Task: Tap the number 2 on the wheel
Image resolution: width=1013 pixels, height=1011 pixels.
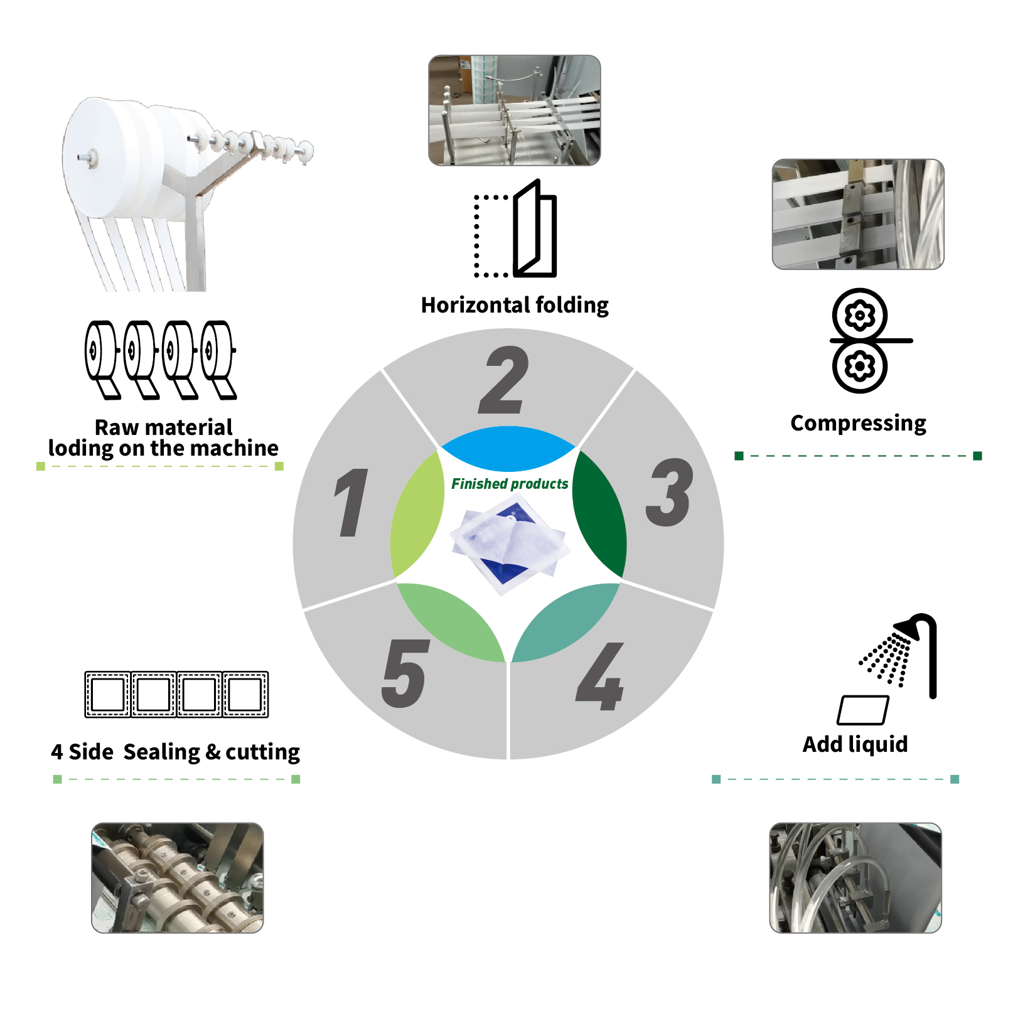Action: (504, 380)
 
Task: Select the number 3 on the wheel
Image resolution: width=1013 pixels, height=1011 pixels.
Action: (670, 492)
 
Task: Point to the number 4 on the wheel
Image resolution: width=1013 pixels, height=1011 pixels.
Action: (600, 677)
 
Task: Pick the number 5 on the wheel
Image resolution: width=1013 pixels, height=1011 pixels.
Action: (405, 673)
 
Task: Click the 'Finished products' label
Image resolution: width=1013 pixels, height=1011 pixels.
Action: (510, 484)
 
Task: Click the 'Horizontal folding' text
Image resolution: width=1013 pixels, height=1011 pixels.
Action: (515, 306)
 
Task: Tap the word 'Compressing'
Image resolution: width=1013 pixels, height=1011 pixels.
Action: (858, 424)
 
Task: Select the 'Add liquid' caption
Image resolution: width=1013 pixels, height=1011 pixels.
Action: (855, 744)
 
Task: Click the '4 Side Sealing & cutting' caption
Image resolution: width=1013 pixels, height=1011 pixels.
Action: (176, 752)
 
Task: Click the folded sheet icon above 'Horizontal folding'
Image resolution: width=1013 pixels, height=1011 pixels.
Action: (515, 228)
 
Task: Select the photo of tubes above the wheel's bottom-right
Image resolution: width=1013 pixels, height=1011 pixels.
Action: (855, 878)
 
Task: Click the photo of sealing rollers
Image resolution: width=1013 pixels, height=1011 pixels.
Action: (178, 878)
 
